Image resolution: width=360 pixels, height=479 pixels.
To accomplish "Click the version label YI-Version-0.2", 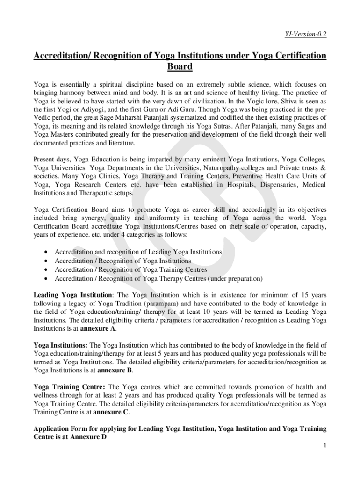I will pos(305,34).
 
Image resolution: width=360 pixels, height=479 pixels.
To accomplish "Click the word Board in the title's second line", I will pos(180,67).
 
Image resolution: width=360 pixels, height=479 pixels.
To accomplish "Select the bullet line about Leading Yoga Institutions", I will pos(138,252).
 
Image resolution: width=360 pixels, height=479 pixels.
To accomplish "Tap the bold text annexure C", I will pos(111,412).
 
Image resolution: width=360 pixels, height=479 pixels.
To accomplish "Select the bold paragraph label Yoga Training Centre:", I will pos(69,387).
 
